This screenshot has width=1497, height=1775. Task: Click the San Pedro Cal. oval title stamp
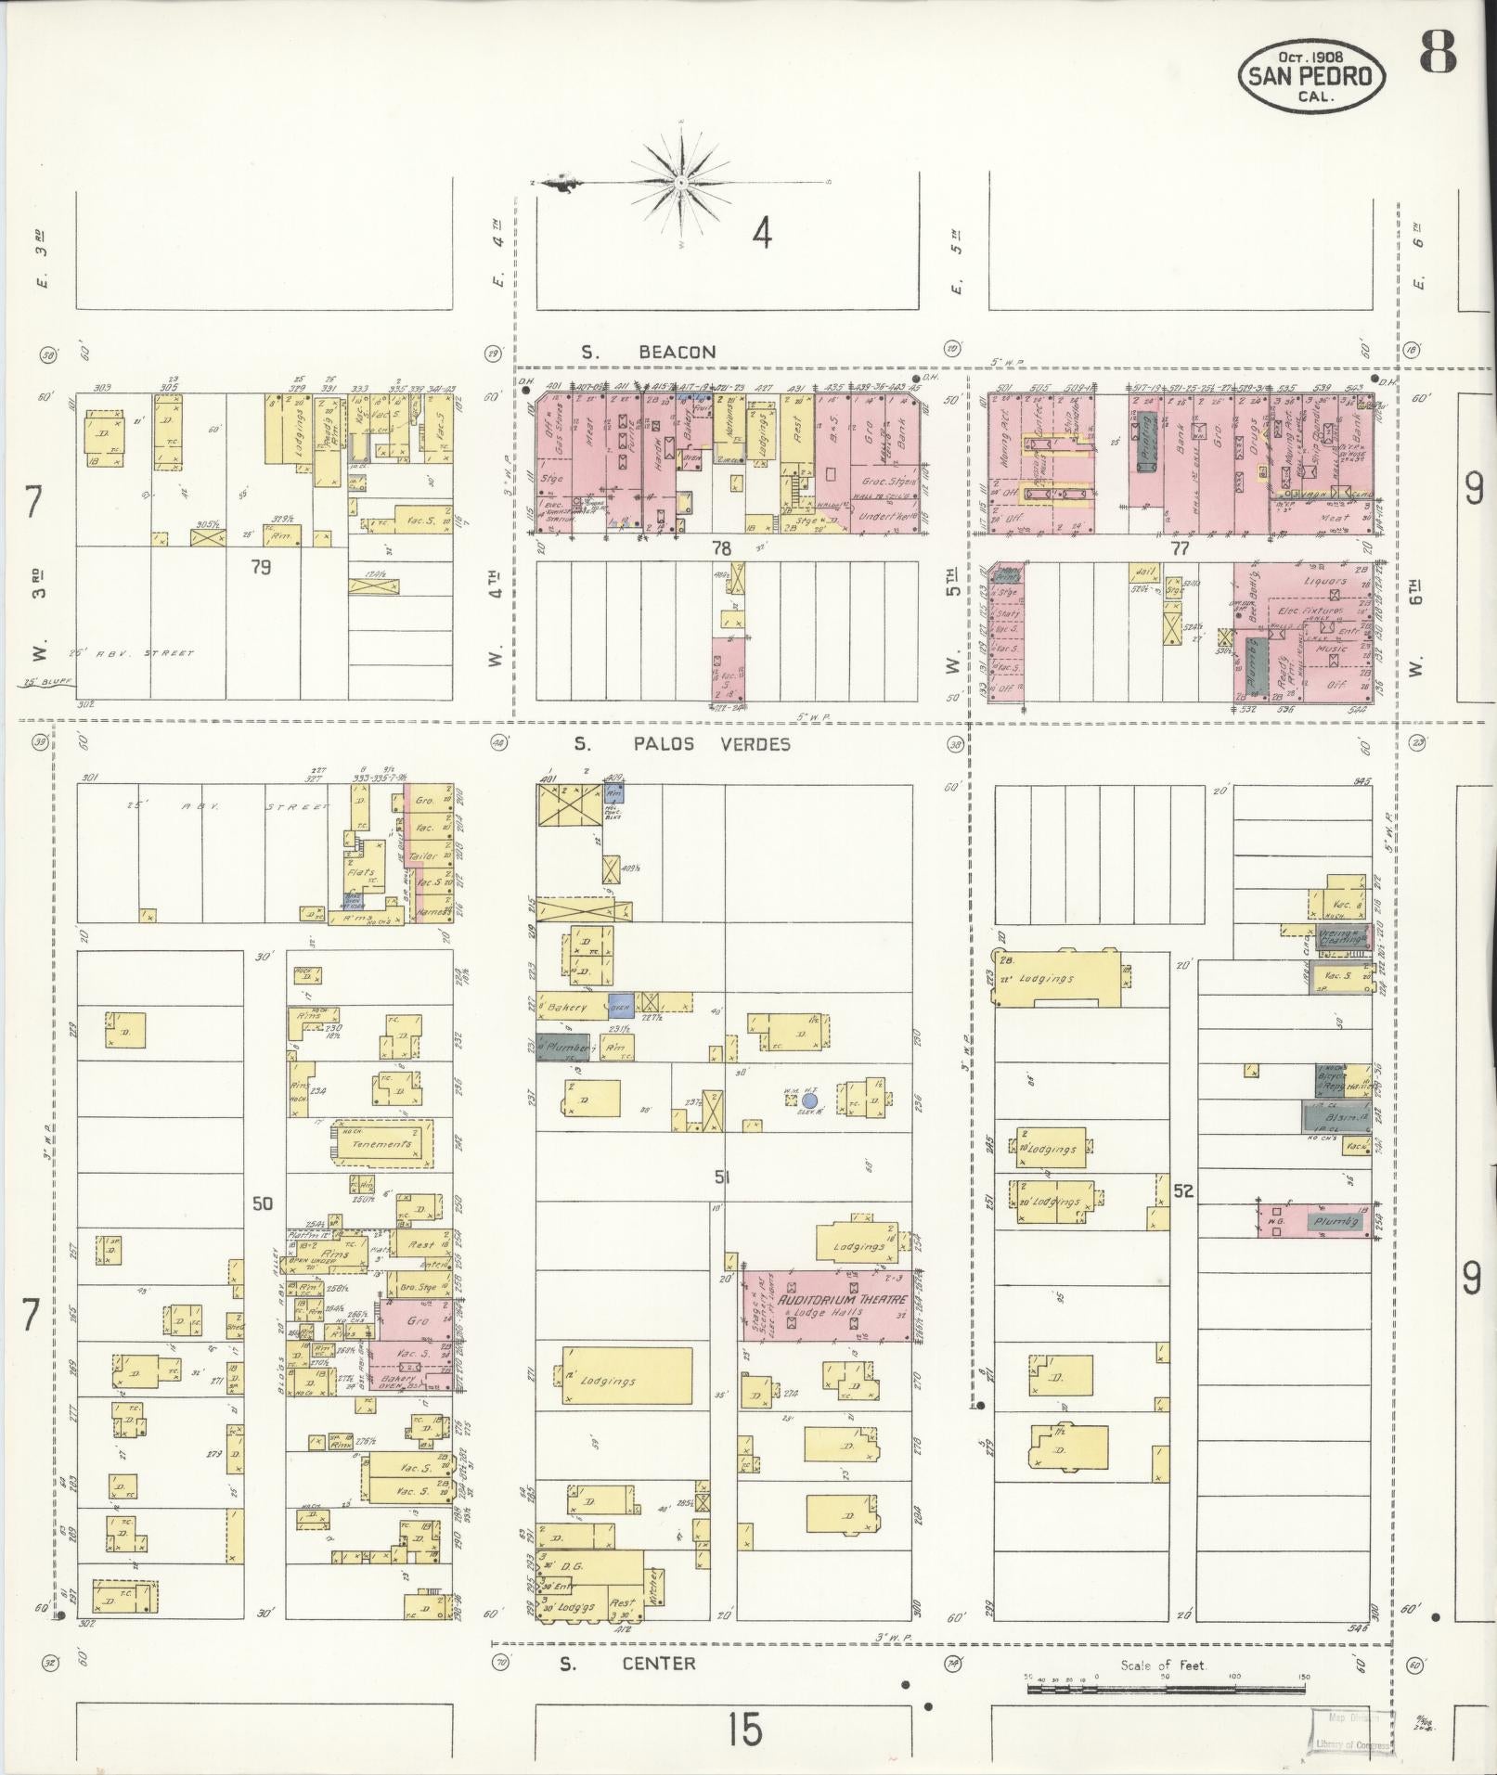[x=1310, y=74]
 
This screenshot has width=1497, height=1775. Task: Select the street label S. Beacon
[x=650, y=353]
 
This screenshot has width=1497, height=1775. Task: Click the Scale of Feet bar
[x=1165, y=1690]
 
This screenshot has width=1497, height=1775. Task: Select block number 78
[x=721, y=548]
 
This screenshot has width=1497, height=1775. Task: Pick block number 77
[x=1179, y=548]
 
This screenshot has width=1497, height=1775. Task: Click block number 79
[x=261, y=566]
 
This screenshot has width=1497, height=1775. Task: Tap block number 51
[x=723, y=1177]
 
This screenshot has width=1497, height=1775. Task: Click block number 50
[x=263, y=1203]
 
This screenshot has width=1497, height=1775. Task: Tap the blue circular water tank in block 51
[x=809, y=1100]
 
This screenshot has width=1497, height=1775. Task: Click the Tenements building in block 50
[x=381, y=1144]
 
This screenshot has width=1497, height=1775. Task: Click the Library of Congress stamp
[x=1351, y=1732]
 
